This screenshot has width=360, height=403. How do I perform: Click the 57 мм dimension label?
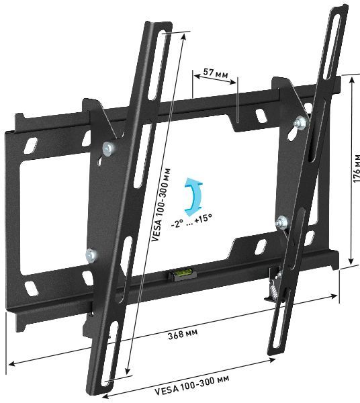(x=214, y=73)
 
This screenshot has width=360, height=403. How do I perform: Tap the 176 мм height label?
(x=355, y=167)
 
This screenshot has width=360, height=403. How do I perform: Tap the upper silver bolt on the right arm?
(x=300, y=122)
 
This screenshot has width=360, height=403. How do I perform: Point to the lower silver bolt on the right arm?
(x=283, y=220)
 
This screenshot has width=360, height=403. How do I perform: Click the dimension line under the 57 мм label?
(x=215, y=83)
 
